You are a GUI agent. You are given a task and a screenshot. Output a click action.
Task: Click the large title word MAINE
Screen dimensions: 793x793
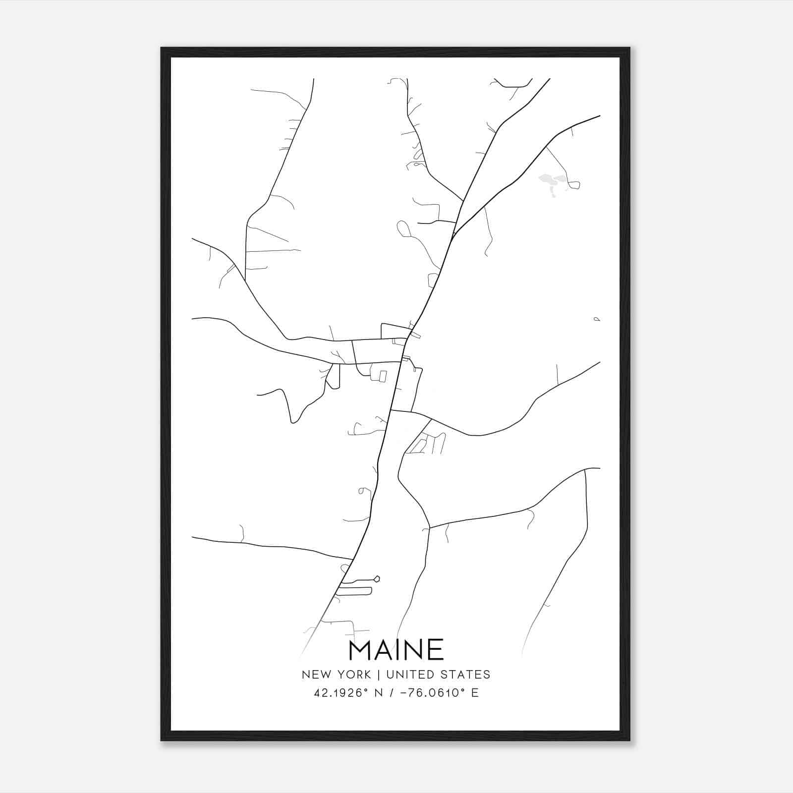click(396, 650)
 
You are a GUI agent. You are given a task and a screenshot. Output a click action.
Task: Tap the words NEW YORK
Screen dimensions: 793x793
click(336, 675)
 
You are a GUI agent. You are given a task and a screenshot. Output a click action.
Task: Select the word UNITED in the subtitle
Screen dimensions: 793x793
click(406, 675)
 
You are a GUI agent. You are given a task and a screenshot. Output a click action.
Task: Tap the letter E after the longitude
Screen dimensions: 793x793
click(475, 692)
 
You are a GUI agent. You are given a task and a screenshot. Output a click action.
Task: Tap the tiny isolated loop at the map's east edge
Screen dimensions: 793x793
click(597, 320)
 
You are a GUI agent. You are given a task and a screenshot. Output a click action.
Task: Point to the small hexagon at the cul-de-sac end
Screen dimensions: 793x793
click(377, 578)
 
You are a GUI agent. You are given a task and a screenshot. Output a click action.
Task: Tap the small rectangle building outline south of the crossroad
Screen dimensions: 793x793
click(383, 376)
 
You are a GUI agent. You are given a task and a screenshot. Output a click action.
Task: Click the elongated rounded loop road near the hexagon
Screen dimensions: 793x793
click(354, 591)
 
